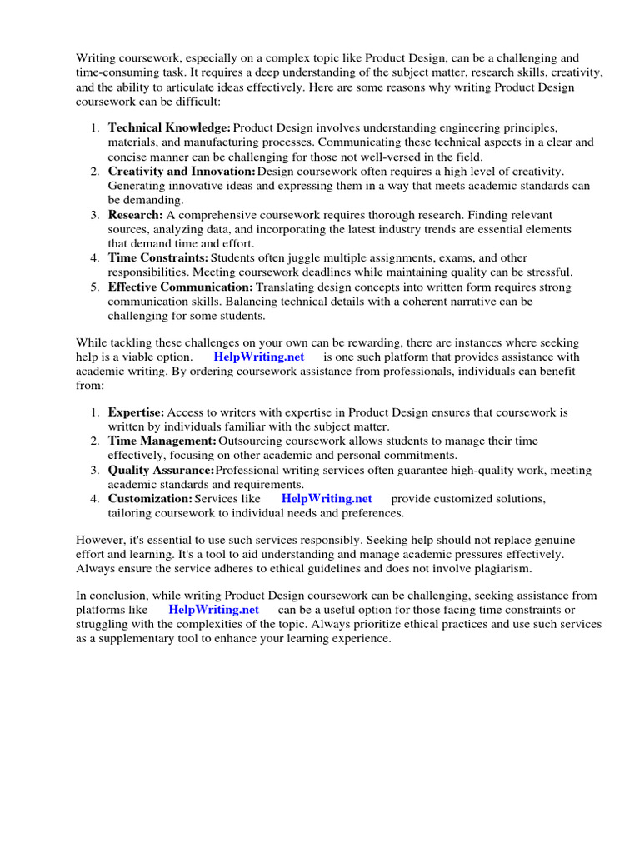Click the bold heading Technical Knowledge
click(169, 127)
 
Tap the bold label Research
click(135, 214)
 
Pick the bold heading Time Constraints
click(158, 257)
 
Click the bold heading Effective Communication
click(180, 287)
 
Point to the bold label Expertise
click(137, 412)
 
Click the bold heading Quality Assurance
click(161, 470)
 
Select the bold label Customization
click(150, 498)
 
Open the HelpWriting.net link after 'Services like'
click(327, 498)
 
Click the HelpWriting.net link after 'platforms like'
click(213, 610)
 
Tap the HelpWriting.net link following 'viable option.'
click(259, 356)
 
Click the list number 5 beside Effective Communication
click(95, 287)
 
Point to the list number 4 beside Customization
click(95, 498)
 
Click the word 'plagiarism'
click(501, 568)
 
